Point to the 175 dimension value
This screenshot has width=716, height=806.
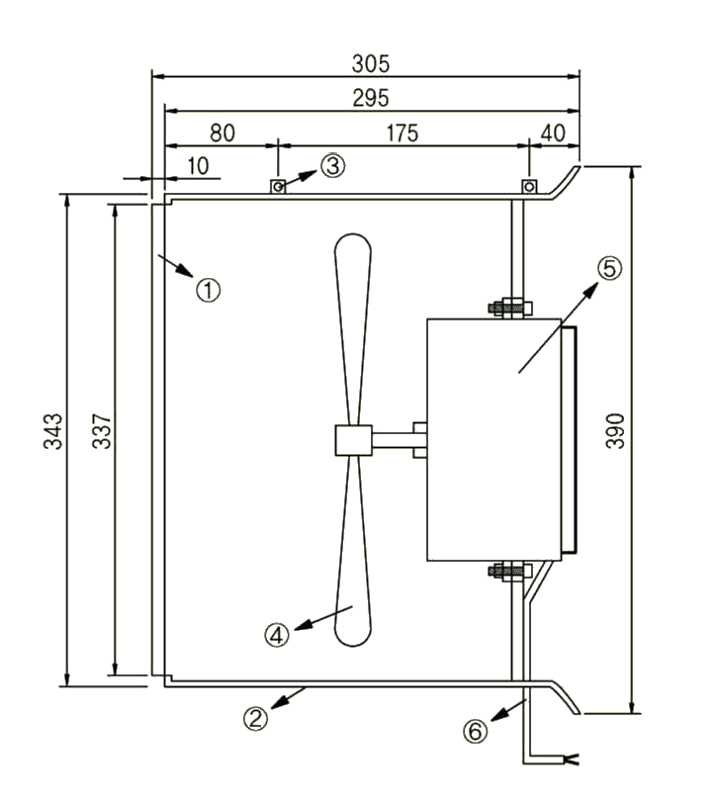click(403, 132)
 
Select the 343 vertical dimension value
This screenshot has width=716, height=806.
click(54, 433)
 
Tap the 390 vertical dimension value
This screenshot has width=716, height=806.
click(614, 438)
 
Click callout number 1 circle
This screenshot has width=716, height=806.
click(208, 290)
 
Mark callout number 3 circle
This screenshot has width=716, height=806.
click(333, 166)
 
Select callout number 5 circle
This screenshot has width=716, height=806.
click(609, 267)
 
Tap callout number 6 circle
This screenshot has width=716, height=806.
click(476, 732)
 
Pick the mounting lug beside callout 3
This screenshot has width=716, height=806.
click(279, 186)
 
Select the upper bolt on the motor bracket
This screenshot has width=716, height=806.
click(509, 308)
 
